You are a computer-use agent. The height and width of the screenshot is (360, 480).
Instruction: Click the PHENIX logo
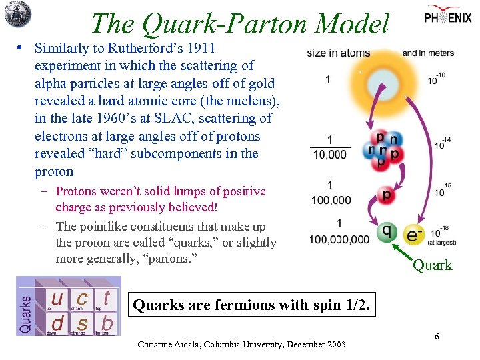pyautogui.click(x=447, y=17)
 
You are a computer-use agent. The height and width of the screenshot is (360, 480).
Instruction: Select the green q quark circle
pyautogui.click(x=387, y=231)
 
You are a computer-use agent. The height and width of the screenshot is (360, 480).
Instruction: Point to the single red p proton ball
pyautogui.click(x=386, y=195)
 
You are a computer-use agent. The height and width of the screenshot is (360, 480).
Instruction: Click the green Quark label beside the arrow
pyautogui.click(x=432, y=265)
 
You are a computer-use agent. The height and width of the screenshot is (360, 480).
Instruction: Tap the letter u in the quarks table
pyautogui.click(x=58, y=298)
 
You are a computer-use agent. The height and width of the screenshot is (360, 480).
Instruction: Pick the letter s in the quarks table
pyautogui.click(x=83, y=323)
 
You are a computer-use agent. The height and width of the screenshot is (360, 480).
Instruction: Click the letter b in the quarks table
pyautogui.click(x=106, y=323)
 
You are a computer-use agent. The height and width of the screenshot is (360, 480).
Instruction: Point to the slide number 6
pyautogui.click(x=437, y=337)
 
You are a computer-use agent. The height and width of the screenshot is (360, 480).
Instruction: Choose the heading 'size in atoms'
pyautogui.click(x=338, y=53)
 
